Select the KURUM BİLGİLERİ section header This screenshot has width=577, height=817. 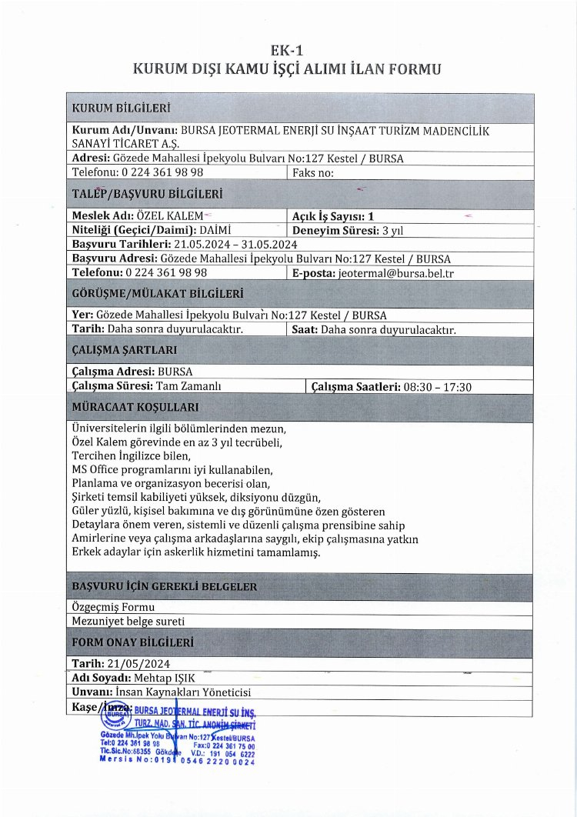click(x=121, y=107)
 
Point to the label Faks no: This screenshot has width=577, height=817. click(x=313, y=172)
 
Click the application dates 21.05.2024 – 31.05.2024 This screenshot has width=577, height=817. click(x=230, y=244)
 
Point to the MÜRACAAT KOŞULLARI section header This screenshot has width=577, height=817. click(x=135, y=407)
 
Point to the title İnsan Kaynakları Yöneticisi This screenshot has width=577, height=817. click(x=188, y=692)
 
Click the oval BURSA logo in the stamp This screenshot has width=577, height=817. click(x=115, y=715)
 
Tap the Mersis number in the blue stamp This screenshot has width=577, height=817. click(x=178, y=761)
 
